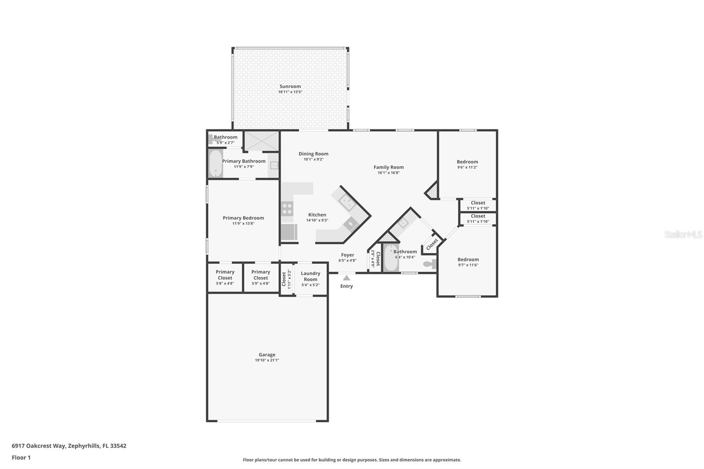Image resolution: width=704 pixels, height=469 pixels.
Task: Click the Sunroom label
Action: [x=290, y=87]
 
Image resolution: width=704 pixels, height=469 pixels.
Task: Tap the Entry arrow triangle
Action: [x=347, y=278]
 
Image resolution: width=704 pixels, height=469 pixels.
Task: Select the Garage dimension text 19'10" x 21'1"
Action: [x=267, y=360]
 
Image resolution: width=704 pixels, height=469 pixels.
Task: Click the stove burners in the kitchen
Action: [x=287, y=208]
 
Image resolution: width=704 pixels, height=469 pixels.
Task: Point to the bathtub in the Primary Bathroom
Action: [x=215, y=163]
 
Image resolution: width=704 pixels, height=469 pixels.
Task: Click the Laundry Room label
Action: [x=310, y=276]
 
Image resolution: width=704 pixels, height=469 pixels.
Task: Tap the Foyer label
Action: [x=347, y=255]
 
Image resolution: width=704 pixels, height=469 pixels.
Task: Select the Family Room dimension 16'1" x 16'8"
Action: [x=388, y=173]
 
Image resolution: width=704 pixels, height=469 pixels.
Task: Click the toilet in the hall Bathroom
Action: [x=429, y=264]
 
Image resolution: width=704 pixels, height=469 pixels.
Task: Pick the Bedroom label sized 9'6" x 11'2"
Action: [x=467, y=162]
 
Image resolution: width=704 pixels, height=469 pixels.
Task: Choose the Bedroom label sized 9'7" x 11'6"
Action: [x=468, y=260]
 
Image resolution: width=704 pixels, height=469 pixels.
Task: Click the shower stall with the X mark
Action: [x=261, y=141]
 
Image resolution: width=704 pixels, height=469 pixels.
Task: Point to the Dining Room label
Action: [x=313, y=154]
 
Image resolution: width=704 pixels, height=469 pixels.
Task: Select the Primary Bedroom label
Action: [x=243, y=218]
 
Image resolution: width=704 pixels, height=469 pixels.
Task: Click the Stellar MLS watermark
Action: [x=683, y=234]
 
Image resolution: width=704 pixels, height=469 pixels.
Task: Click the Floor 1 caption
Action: [x=21, y=458]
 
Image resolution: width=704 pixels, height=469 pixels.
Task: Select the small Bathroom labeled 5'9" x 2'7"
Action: [x=225, y=137]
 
